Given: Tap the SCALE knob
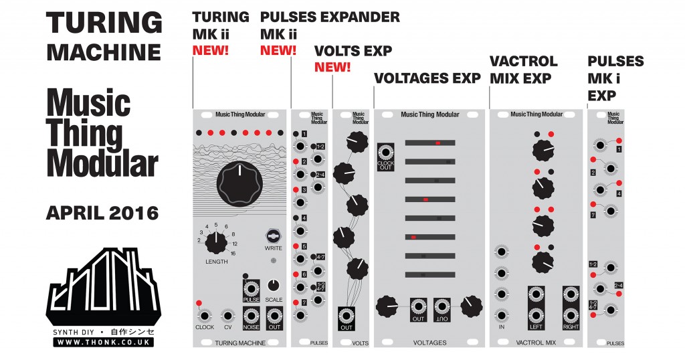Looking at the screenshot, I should pos(274,284).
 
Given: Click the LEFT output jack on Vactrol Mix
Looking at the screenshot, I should pos(535,314).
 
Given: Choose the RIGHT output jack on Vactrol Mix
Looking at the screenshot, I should pos(570,314).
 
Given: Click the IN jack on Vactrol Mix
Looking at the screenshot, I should pos(500,315).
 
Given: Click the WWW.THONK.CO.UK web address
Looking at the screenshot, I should pos(103,342).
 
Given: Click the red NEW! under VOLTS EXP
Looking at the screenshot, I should pos(332,67).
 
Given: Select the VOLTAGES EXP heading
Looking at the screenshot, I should pos(427,79).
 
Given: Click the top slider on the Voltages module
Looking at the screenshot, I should pos(430,143).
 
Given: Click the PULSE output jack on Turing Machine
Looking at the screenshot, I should pos(251,288).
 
